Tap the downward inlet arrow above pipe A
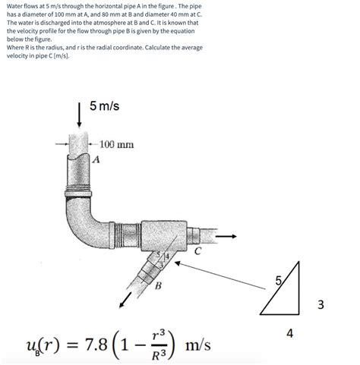point(79,117)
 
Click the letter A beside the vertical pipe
point(96,159)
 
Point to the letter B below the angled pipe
point(158,285)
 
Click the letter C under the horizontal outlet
point(197,251)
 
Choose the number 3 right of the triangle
point(321,305)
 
